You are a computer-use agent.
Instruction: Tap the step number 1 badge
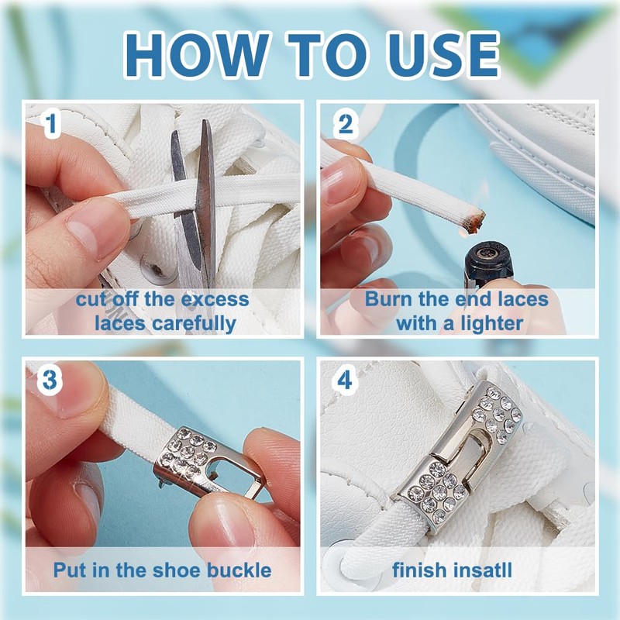[x=50, y=124]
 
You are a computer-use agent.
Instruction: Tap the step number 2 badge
[x=345, y=124]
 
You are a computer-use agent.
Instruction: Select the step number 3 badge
[x=49, y=380]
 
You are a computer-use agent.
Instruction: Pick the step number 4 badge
[x=344, y=380]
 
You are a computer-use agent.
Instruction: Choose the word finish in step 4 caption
[x=418, y=570]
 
